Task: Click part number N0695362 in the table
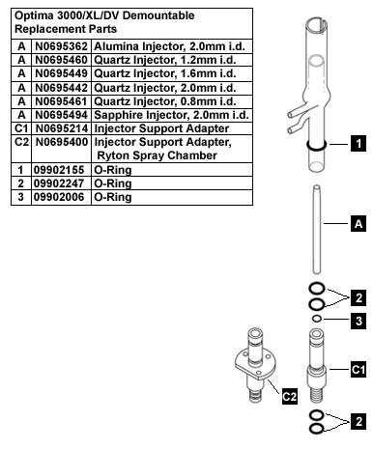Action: (61, 46)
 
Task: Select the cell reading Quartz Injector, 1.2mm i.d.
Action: (165, 60)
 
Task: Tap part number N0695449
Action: (61, 73)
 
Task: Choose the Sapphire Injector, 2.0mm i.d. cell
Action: (171, 115)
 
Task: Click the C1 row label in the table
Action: (21, 128)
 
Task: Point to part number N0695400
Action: (62, 142)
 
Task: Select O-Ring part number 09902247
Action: (59, 183)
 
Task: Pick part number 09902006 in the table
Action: (59, 197)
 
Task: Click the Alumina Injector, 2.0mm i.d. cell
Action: (169, 46)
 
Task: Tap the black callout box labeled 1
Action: (359, 144)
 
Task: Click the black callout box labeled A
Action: (359, 224)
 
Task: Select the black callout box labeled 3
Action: (359, 321)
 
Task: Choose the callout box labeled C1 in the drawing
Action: (359, 370)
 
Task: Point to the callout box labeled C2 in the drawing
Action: (289, 397)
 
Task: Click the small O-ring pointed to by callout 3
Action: (317, 319)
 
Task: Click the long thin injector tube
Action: (317, 229)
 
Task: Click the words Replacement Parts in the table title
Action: (66, 29)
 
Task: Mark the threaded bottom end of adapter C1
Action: (317, 394)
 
